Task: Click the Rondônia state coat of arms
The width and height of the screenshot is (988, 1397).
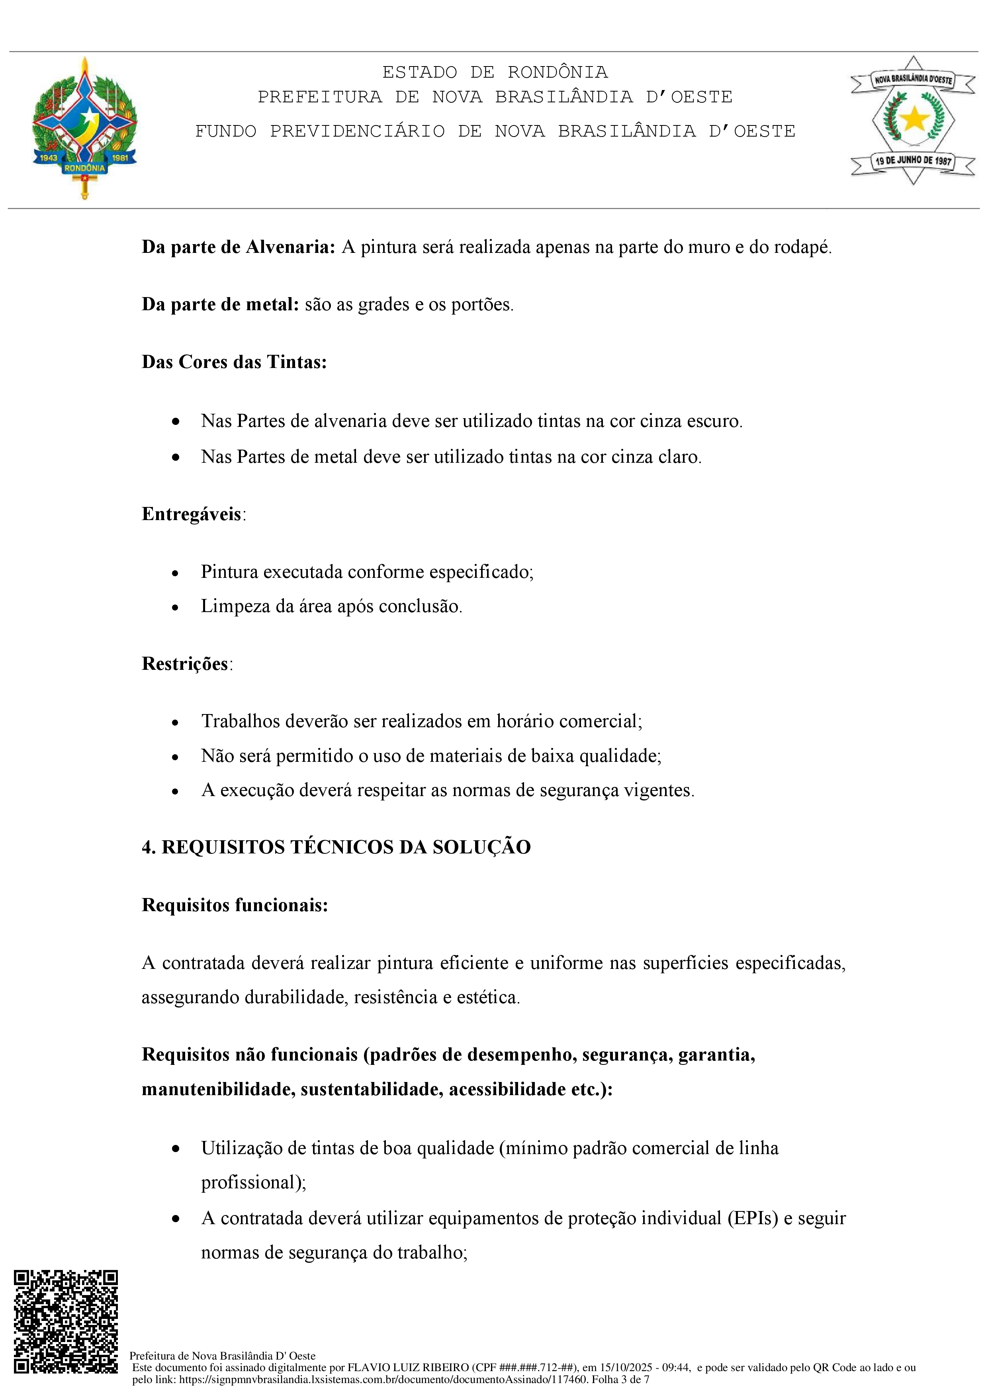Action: tap(84, 128)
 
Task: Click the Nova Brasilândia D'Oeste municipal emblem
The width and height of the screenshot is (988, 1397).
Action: tap(913, 121)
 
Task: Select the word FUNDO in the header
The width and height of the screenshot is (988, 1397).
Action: tap(226, 131)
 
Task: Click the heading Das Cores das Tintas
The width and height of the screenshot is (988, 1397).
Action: tap(234, 362)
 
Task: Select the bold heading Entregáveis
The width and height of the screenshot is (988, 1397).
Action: tap(192, 514)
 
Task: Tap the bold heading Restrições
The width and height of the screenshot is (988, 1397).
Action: tap(185, 663)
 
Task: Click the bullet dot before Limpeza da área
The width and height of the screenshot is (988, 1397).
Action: tap(175, 607)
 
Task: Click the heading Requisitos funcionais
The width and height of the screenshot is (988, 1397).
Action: tap(235, 905)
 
